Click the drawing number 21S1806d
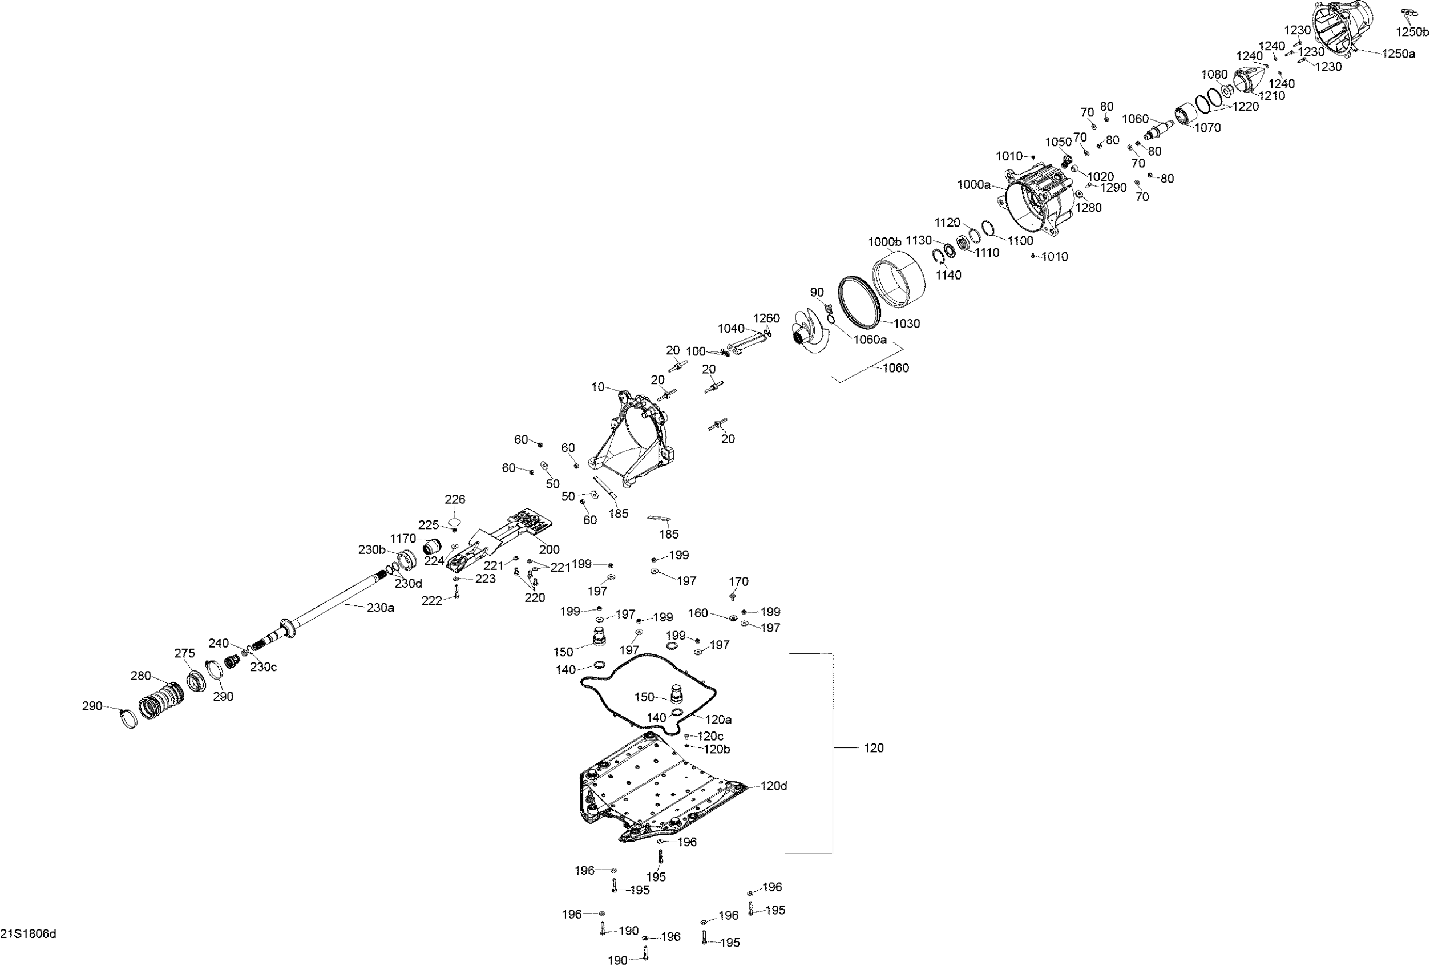pyautogui.click(x=29, y=934)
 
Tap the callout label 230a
pyautogui.click(x=380, y=608)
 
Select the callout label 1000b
pyautogui.click(x=884, y=242)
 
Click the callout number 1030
pyautogui.click(x=906, y=324)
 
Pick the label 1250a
pyautogui.click(x=1399, y=54)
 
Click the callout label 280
pyautogui.click(x=141, y=676)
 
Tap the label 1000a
pyautogui.click(x=974, y=184)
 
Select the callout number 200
pyautogui.click(x=549, y=549)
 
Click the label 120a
pyautogui.click(x=718, y=719)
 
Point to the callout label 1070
pyautogui.click(x=1207, y=127)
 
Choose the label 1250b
pyautogui.click(x=1412, y=33)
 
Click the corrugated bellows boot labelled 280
pyautogui.click(x=161, y=701)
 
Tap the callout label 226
pyautogui.click(x=455, y=499)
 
